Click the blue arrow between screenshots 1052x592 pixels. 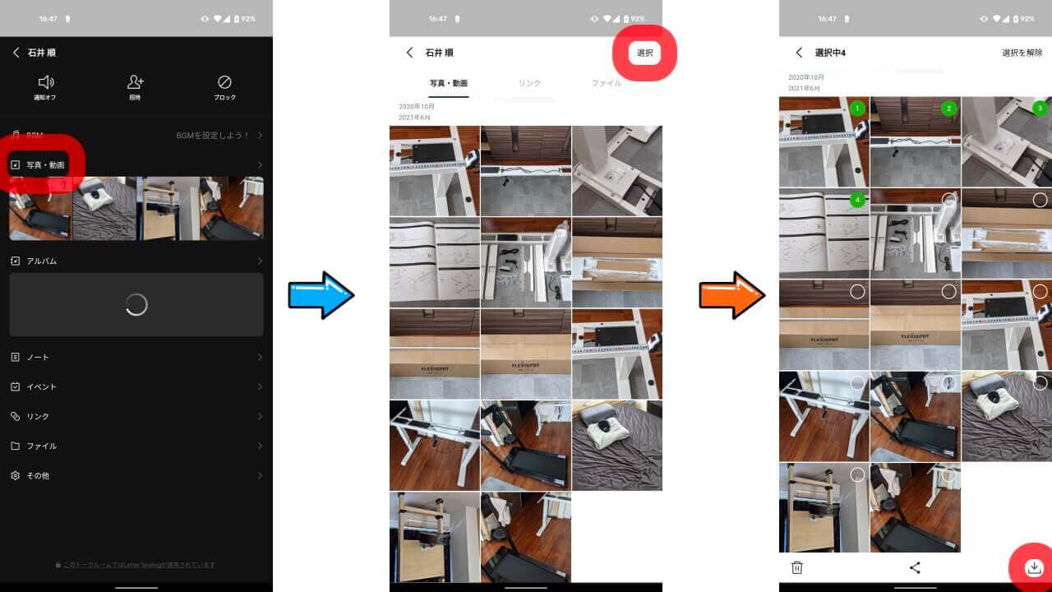coord(321,294)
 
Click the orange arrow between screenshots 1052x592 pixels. coord(731,294)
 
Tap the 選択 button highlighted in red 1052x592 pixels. coord(644,53)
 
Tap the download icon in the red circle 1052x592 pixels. coord(1034,567)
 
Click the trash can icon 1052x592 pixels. coord(796,567)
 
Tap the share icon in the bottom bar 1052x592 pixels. coord(915,567)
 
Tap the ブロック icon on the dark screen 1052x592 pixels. coord(224,82)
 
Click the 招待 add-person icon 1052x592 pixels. coord(136,82)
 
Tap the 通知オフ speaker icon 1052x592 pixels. coord(46,82)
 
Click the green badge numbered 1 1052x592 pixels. coord(857,109)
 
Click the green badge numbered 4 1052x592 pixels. coord(857,200)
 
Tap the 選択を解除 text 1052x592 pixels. coord(1022,53)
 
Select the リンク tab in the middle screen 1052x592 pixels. coord(529,83)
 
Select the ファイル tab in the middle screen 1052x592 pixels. coord(607,83)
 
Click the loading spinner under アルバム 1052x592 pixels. coord(136,304)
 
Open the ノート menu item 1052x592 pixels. coord(38,357)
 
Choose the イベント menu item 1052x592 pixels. coord(41,386)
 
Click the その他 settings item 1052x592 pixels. coord(38,475)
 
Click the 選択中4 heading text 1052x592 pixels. coord(830,53)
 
